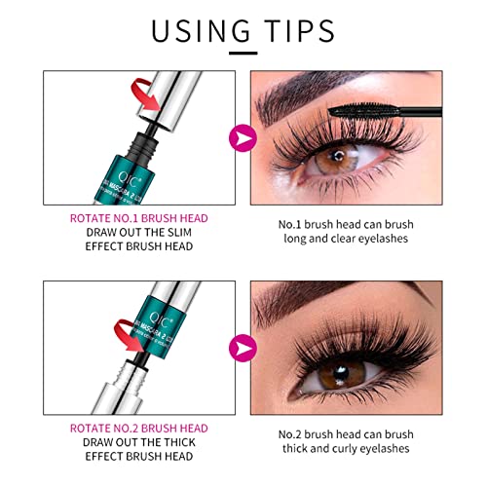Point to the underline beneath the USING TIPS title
[x=243, y=50]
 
